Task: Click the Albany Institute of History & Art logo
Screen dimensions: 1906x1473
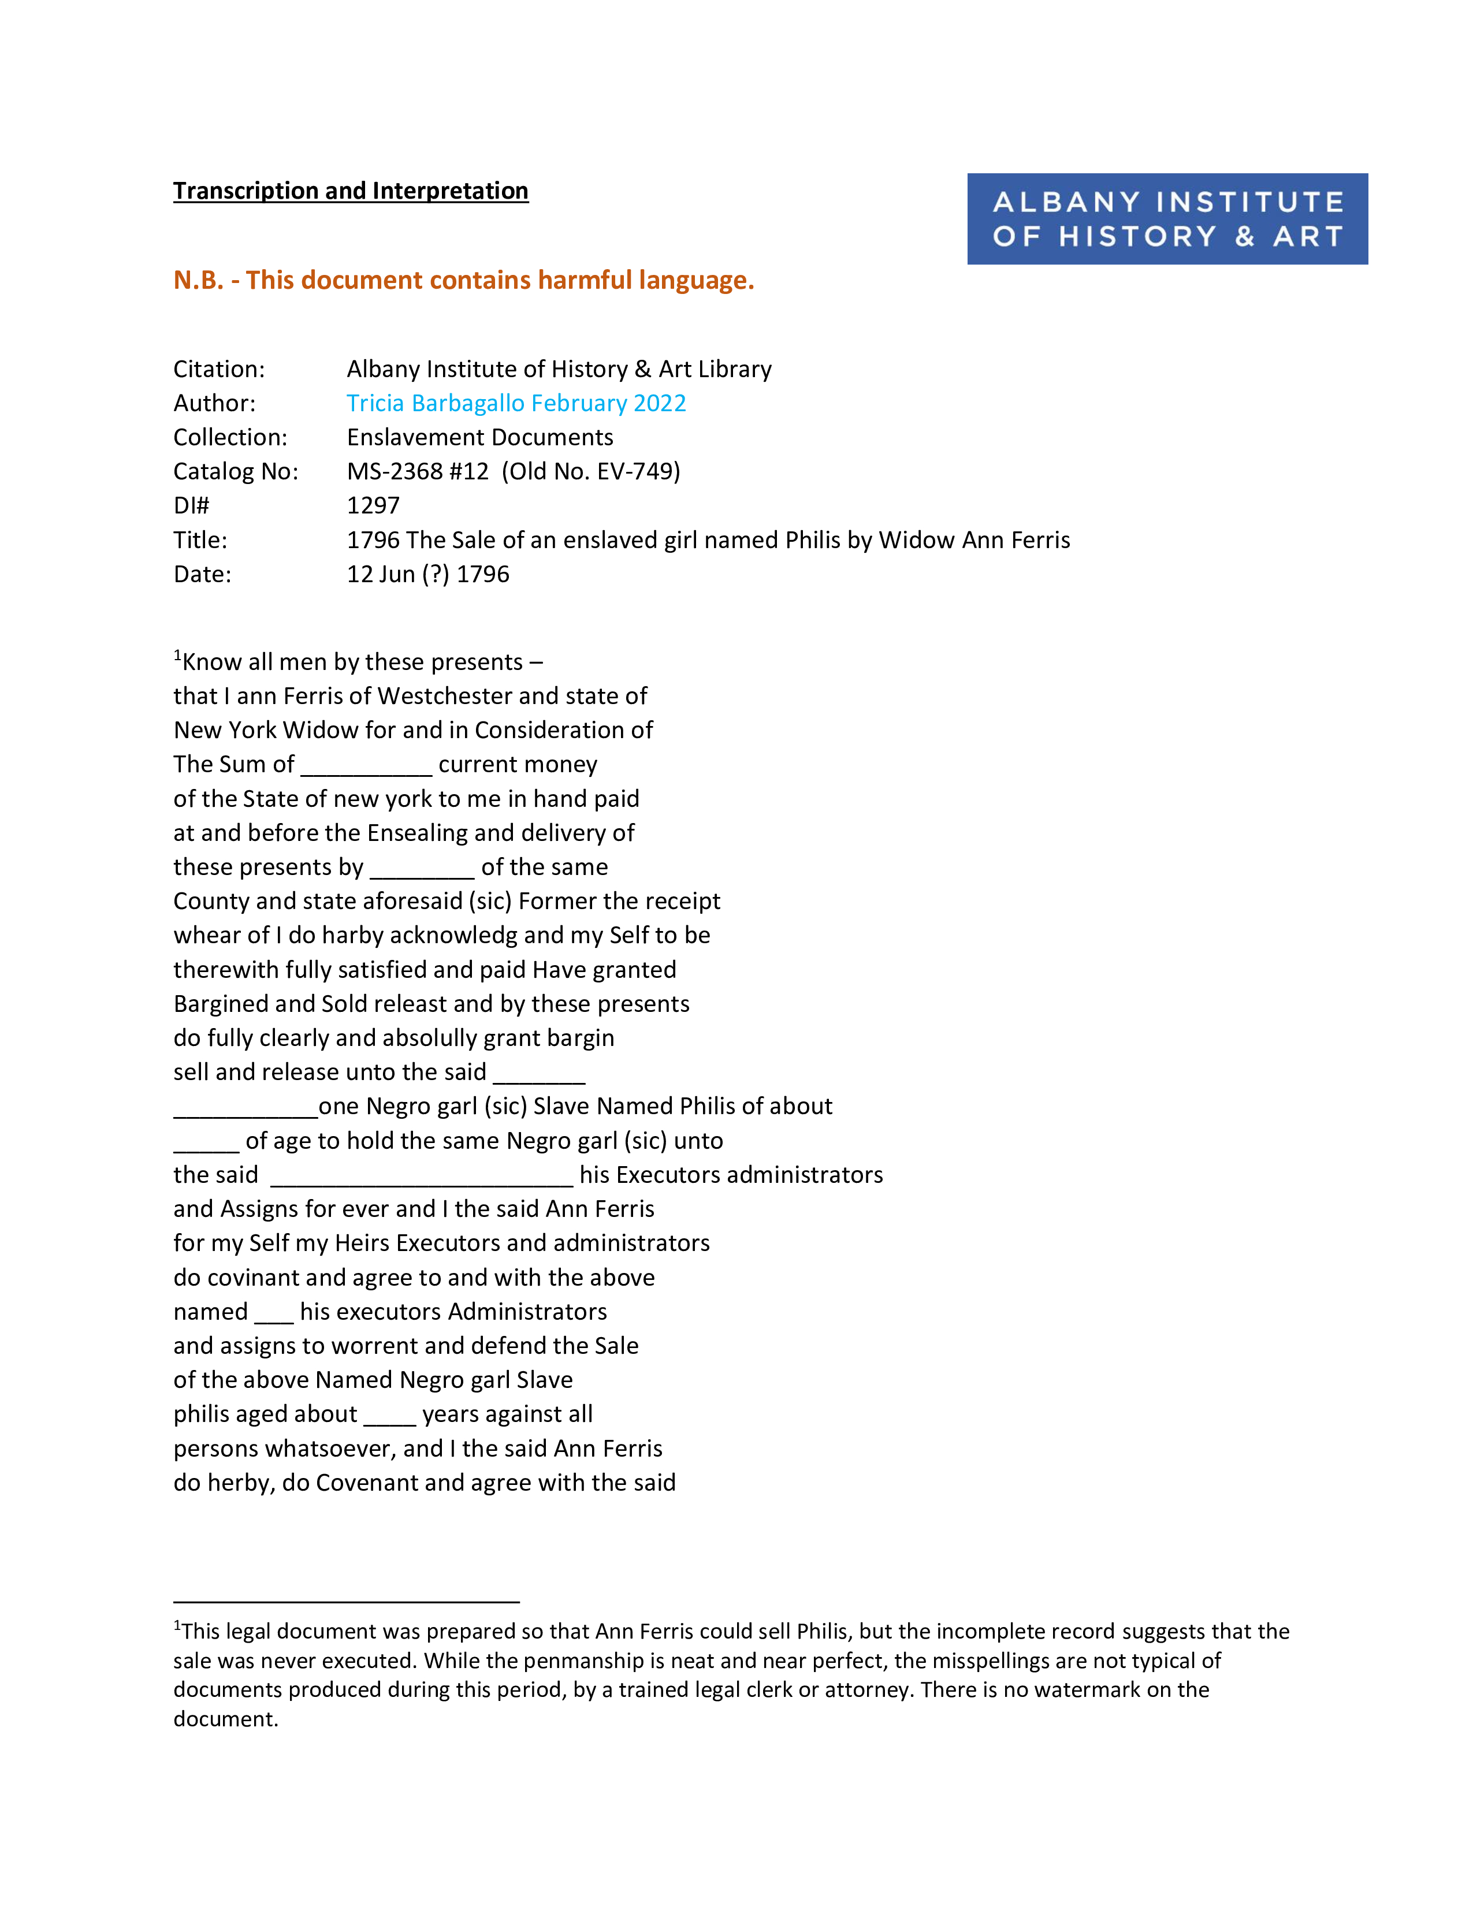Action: pos(1167,218)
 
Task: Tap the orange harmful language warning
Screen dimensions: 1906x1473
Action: pos(463,280)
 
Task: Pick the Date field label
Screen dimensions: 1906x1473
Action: pos(202,574)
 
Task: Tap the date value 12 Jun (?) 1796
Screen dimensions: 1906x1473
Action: pos(427,574)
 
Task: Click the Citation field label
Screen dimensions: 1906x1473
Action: pos(219,369)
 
